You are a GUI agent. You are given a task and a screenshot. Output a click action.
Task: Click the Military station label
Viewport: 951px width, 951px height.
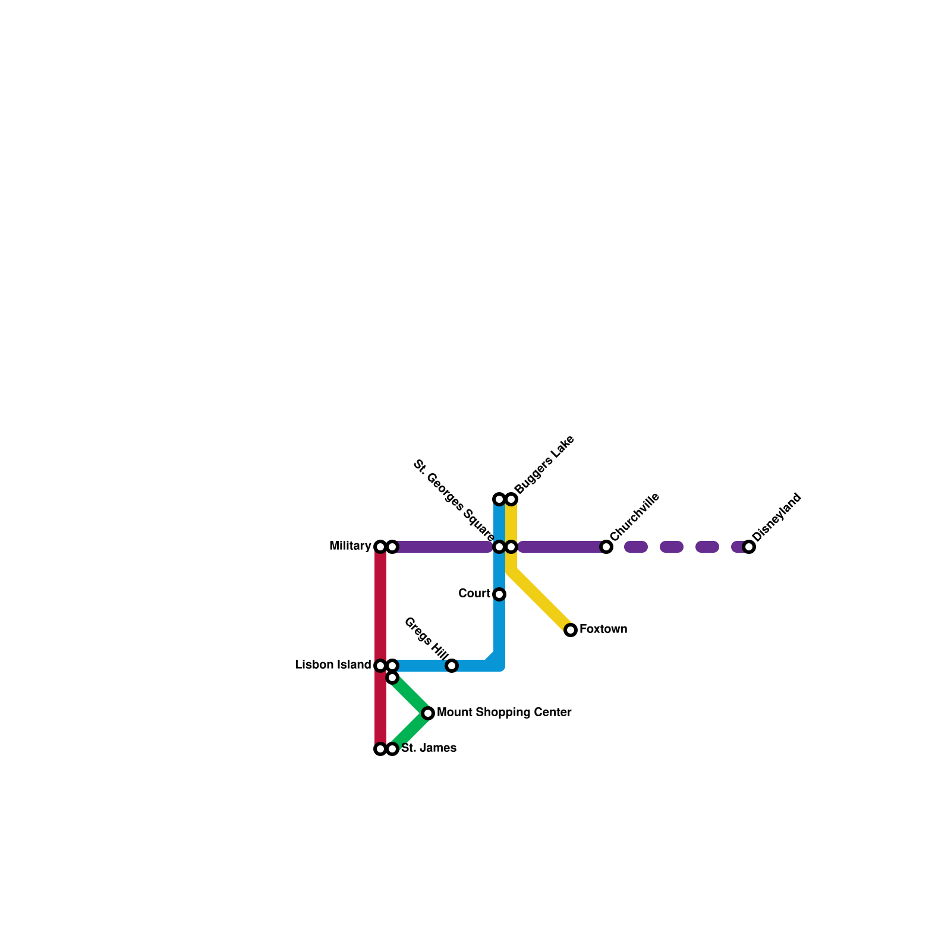click(350, 546)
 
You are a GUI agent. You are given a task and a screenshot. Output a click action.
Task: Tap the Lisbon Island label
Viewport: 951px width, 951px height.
click(333, 665)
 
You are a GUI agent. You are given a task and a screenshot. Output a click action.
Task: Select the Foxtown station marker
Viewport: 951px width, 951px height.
click(571, 630)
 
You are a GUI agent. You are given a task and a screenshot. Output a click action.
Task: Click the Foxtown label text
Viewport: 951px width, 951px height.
click(603, 629)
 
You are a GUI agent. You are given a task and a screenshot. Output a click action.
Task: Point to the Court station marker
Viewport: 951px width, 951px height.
click(499, 594)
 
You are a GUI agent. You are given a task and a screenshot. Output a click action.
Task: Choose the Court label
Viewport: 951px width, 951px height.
click(474, 594)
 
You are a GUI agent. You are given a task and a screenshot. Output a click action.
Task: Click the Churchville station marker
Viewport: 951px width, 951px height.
click(606, 547)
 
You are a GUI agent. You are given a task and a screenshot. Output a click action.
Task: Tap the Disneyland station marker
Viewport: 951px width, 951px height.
click(749, 547)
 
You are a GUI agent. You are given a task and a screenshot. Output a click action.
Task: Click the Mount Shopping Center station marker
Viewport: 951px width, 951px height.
click(428, 713)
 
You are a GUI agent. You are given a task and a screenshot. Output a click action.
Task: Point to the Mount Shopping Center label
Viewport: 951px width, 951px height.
click(504, 713)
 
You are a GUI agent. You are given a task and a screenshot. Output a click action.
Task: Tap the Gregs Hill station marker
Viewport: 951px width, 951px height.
click(452, 666)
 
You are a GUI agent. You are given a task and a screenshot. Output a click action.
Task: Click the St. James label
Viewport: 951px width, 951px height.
click(429, 748)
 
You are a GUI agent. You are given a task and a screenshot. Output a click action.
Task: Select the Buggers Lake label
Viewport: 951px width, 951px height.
click(544, 465)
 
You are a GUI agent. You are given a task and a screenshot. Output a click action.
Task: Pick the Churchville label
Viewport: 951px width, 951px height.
click(635, 517)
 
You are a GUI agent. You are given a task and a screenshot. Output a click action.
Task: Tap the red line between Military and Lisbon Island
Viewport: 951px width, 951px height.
click(380, 606)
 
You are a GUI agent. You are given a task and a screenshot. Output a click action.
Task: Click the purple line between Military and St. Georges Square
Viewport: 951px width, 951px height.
click(443, 547)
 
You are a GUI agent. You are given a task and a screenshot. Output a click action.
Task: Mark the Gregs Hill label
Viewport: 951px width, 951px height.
click(426, 639)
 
